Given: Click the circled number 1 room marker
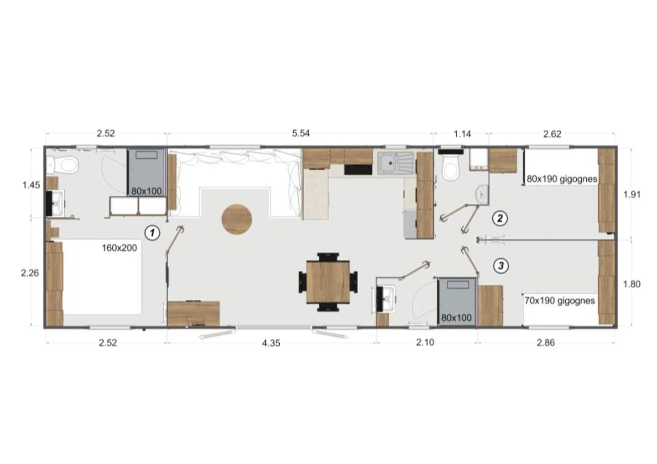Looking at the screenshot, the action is coord(152,233).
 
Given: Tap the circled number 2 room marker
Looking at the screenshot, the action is coord(500,218).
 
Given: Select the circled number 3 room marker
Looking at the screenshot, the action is coord(501,266).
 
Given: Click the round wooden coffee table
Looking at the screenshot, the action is coord(237,219).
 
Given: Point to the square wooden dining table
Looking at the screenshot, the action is coord(328,282).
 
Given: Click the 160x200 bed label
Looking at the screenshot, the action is coord(120,248).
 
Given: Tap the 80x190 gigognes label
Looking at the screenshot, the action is coord(562,179).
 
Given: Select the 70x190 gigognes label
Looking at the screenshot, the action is coord(560,300).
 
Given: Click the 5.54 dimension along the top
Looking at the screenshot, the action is coord(301,133).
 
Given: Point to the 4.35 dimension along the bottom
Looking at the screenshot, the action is coord(271,343).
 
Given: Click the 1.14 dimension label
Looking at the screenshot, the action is coord(463,134).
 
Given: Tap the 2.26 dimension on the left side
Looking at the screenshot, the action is coord(30,273).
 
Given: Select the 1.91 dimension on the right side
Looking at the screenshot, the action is coord(632,194).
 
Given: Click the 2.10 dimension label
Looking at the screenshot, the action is coord(425,342).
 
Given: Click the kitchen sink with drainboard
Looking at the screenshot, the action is coord(396,163).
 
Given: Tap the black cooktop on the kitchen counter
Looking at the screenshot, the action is coord(358,170).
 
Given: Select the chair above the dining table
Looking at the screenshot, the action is coord(328,256).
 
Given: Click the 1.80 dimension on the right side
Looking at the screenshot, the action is coord(632,284).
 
